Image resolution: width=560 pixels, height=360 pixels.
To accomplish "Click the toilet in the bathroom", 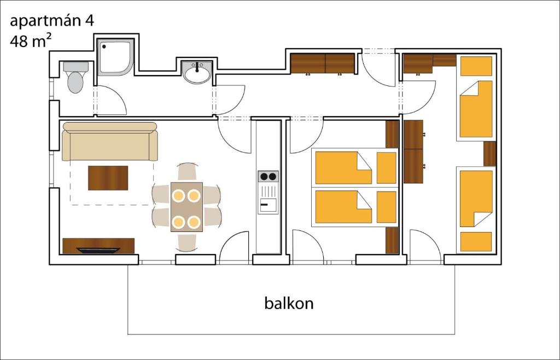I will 75,79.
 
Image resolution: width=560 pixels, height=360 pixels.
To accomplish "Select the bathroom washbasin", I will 197,72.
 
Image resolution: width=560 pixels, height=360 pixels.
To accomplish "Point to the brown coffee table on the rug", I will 108,178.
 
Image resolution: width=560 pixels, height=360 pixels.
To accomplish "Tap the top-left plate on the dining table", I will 178,195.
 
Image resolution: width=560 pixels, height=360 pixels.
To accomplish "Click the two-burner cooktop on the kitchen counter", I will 268,176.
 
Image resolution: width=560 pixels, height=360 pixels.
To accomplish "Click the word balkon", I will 289,303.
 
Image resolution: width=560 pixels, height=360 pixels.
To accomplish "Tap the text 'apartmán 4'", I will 52,21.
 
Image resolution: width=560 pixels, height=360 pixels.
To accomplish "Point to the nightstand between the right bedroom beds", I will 489,154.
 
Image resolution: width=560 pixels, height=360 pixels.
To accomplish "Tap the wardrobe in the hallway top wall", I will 322,63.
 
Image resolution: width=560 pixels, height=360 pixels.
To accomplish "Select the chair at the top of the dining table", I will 187,172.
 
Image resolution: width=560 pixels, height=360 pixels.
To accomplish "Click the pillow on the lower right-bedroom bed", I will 476,241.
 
